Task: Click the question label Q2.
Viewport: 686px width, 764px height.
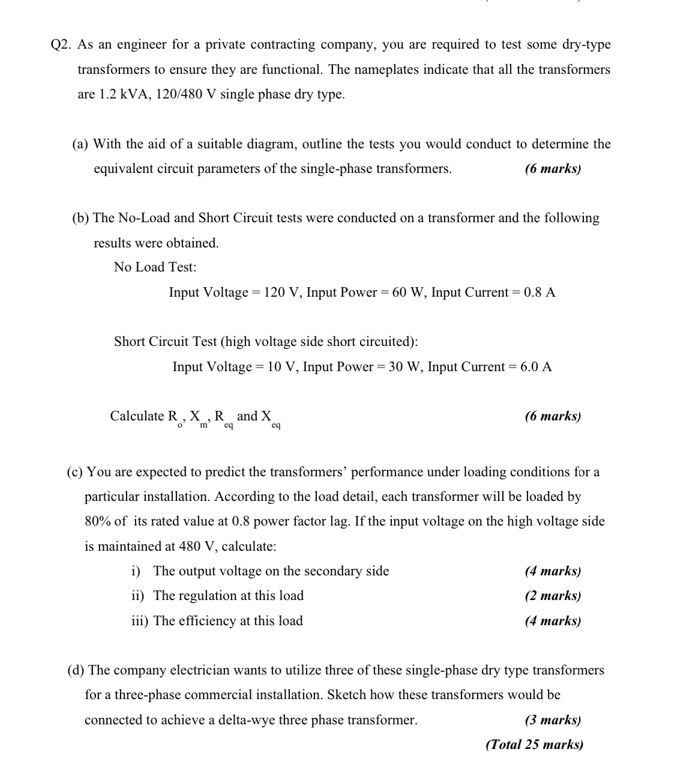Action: tap(62, 45)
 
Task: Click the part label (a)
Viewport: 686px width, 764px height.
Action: tap(80, 144)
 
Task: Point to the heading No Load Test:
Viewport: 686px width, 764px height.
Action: tap(155, 267)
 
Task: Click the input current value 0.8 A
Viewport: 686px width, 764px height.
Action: tap(540, 293)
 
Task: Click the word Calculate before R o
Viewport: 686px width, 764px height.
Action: tap(137, 416)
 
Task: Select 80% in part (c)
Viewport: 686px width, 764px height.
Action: tap(98, 521)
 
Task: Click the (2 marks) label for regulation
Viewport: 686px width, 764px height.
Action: tap(553, 596)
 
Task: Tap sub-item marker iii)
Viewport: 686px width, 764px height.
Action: tap(140, 621)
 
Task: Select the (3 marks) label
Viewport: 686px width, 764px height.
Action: tap(553, 720)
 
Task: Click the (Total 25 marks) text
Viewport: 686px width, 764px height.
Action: tap(534, 745)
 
